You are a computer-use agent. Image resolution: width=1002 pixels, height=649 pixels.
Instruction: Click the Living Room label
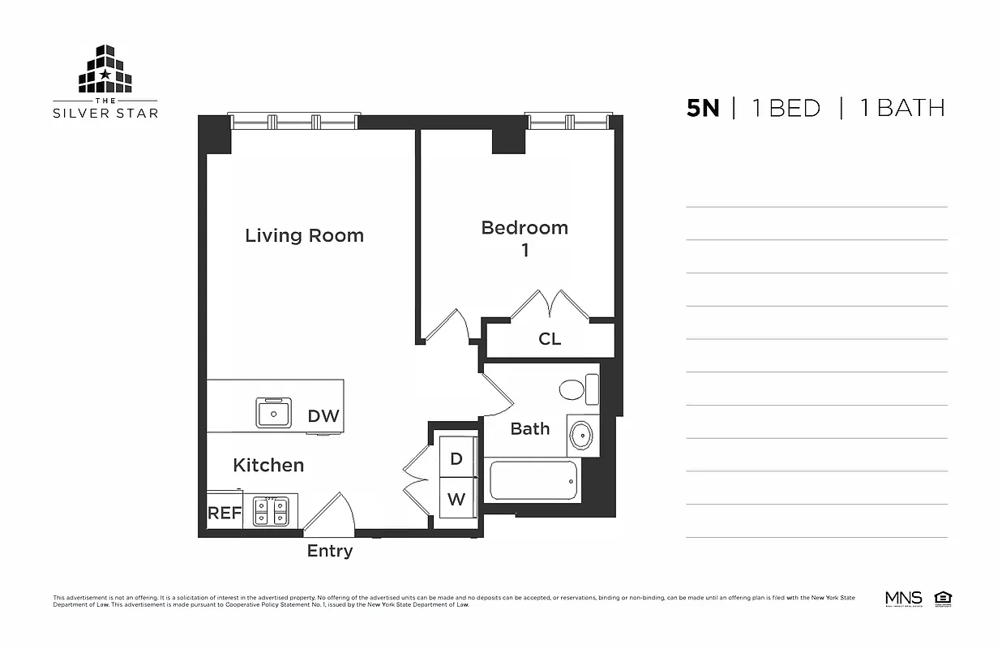click(x=304, y=235)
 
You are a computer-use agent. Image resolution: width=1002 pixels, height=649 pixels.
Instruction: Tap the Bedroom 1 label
click(x=525, y=239)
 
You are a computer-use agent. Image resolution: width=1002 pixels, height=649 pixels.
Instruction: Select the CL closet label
click(x=550, y=339)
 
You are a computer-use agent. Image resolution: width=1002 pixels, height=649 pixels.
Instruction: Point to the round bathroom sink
click(x=581, y=436)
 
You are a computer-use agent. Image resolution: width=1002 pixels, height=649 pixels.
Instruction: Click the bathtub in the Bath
click(x=533, y=481)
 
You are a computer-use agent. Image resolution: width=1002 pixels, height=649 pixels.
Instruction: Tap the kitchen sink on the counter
click(x=274, y=413)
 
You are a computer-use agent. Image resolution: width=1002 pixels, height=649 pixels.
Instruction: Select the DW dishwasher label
click(x=323, y=417)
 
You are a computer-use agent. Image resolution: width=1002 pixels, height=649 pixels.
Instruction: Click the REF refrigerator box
click(x=225, y=513)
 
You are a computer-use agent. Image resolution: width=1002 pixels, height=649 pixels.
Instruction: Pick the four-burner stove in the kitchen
click(x=271, y=512)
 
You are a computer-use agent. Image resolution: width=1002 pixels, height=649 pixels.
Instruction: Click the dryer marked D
click(x=456, y=459)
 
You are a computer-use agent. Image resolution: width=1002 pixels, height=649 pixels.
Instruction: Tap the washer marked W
click(x=456, y=499)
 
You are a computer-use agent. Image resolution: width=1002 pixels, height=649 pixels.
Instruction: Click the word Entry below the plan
click(x=330, y=552)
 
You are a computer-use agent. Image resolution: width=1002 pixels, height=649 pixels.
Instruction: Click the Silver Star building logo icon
click(x=105, y=70)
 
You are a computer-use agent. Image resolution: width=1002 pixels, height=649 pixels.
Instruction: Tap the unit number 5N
click(x=703, y=108)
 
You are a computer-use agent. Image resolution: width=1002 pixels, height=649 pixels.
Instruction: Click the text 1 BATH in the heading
click(x=901, y=108)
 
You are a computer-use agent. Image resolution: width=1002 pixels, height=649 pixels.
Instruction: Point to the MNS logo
click(x=904, y=600)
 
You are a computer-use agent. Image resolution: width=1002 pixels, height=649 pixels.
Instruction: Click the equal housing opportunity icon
click(x=943, y=600)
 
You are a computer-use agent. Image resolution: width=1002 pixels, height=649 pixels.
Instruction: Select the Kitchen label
click(x=268, y=465)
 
